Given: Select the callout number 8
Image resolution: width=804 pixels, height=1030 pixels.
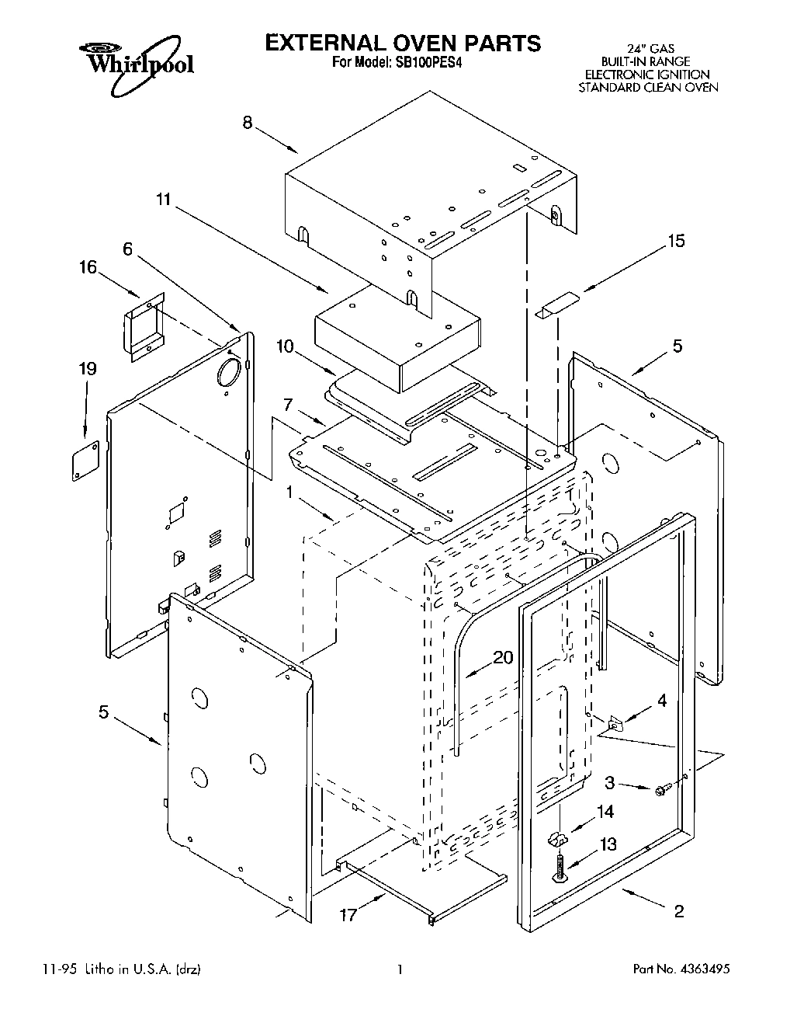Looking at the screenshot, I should (248, 123).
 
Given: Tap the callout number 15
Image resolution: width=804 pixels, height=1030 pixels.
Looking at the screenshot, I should (676, 241).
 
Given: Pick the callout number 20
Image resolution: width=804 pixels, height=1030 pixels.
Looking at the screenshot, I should (503, 657).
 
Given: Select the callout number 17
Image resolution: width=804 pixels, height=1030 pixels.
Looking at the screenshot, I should (348, 914).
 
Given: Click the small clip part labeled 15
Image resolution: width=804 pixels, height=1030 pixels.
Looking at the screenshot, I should (556, 304).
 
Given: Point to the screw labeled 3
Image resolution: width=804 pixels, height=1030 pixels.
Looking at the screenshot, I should (662, 790).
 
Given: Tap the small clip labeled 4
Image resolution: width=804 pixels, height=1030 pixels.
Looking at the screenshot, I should (617, 724).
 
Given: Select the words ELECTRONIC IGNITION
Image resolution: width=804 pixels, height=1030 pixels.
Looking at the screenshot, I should (646, 75).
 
